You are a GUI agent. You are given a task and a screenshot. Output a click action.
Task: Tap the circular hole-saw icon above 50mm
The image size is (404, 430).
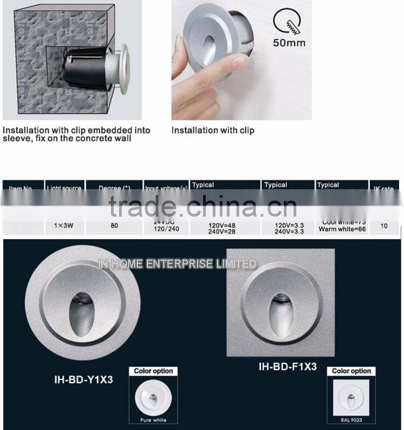pyautogui.click(x=287, y=21)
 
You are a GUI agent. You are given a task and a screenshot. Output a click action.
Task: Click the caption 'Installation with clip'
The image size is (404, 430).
pyautogui.click(x=213, y=130)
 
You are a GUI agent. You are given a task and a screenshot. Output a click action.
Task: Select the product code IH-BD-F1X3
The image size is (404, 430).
pyautogui.click(x=288, y=367)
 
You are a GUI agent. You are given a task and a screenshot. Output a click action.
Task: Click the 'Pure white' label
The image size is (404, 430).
pyautogui.click(x=153, y=420)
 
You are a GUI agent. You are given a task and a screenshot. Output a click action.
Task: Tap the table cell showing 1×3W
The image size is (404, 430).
pyautogui.click(x=64, y=226)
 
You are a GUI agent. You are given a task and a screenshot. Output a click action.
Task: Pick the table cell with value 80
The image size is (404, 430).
pyautogui.click(x=114, y=226)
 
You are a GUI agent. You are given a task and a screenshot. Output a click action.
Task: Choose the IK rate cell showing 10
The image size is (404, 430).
pyautogui.click(x=384, y=226)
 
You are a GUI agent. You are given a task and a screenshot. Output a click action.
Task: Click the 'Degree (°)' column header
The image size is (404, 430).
pyautogui.click(x=114, y=188)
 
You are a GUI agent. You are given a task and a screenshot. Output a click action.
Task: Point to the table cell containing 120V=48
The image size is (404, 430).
pyautogui.click(x=222, y=225)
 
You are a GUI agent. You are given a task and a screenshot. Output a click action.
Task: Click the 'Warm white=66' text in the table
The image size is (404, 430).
pyautogui.click(x=342, y=230)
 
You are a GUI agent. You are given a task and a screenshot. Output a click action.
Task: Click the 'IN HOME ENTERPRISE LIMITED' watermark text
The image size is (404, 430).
pyautogui.click(x=177, y=264)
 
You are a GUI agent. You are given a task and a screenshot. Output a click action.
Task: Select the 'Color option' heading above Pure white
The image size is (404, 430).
pyautogui.click(x=153, y=371)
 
